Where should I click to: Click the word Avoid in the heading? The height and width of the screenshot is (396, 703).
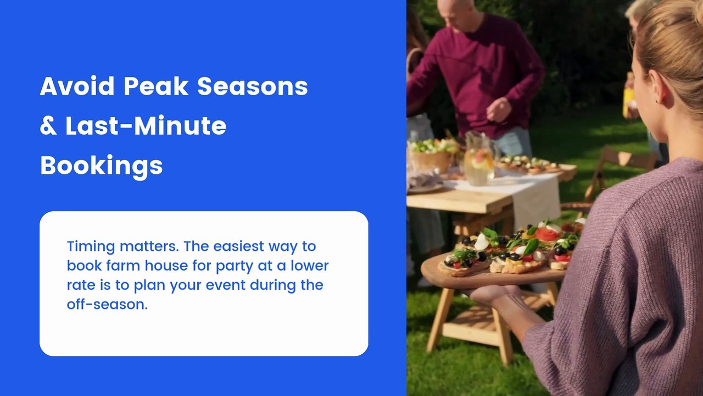click(x=77, y=86)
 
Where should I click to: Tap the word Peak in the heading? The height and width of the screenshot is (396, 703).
click(x=156, y=86)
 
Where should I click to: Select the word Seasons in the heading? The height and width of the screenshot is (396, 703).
click(x=253, y=86)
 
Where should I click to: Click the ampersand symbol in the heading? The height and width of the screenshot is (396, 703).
click(x=48, y=126)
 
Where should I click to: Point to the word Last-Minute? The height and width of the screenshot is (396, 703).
click(x=146, y=126)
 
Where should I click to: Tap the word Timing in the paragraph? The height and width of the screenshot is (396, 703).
click(x=91, y=247)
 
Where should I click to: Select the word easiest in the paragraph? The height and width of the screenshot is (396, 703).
click(x=238, y=246)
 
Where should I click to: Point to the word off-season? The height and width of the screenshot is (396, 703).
click(x=107, y=304)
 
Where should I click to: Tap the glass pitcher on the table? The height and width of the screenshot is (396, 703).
click(x=479, y=159)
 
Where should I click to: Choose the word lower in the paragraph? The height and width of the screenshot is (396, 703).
click(x=309, y=266)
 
